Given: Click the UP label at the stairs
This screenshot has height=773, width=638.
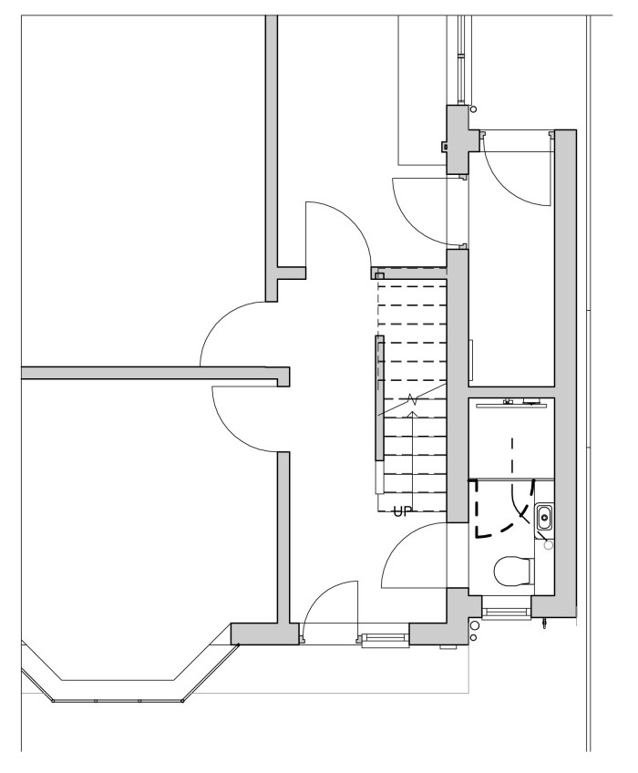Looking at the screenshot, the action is click(402, 511).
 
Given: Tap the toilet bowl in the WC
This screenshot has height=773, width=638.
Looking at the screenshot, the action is click(513, 572).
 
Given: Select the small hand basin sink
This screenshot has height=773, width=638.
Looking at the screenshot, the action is click(544, 518).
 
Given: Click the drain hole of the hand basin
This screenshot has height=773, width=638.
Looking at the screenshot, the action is click(544, 518).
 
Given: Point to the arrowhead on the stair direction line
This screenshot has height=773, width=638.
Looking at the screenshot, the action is click(413, 414).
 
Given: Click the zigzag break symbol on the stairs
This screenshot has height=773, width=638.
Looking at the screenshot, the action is click(413, 398).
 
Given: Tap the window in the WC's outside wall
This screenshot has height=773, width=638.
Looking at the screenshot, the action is click(503, 613).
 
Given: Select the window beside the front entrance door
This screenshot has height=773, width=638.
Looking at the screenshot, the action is click(385, 640).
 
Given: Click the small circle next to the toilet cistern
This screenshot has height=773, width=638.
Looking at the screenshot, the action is click(549, 545).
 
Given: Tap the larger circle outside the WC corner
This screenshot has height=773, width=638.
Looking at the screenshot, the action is click(474, 625).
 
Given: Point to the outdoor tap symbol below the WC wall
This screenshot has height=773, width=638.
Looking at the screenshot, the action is click(544, 624).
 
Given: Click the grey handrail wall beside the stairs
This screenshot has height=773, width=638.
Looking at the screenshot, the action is click(379, 397).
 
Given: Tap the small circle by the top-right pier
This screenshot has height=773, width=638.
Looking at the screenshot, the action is click(474, 109).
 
